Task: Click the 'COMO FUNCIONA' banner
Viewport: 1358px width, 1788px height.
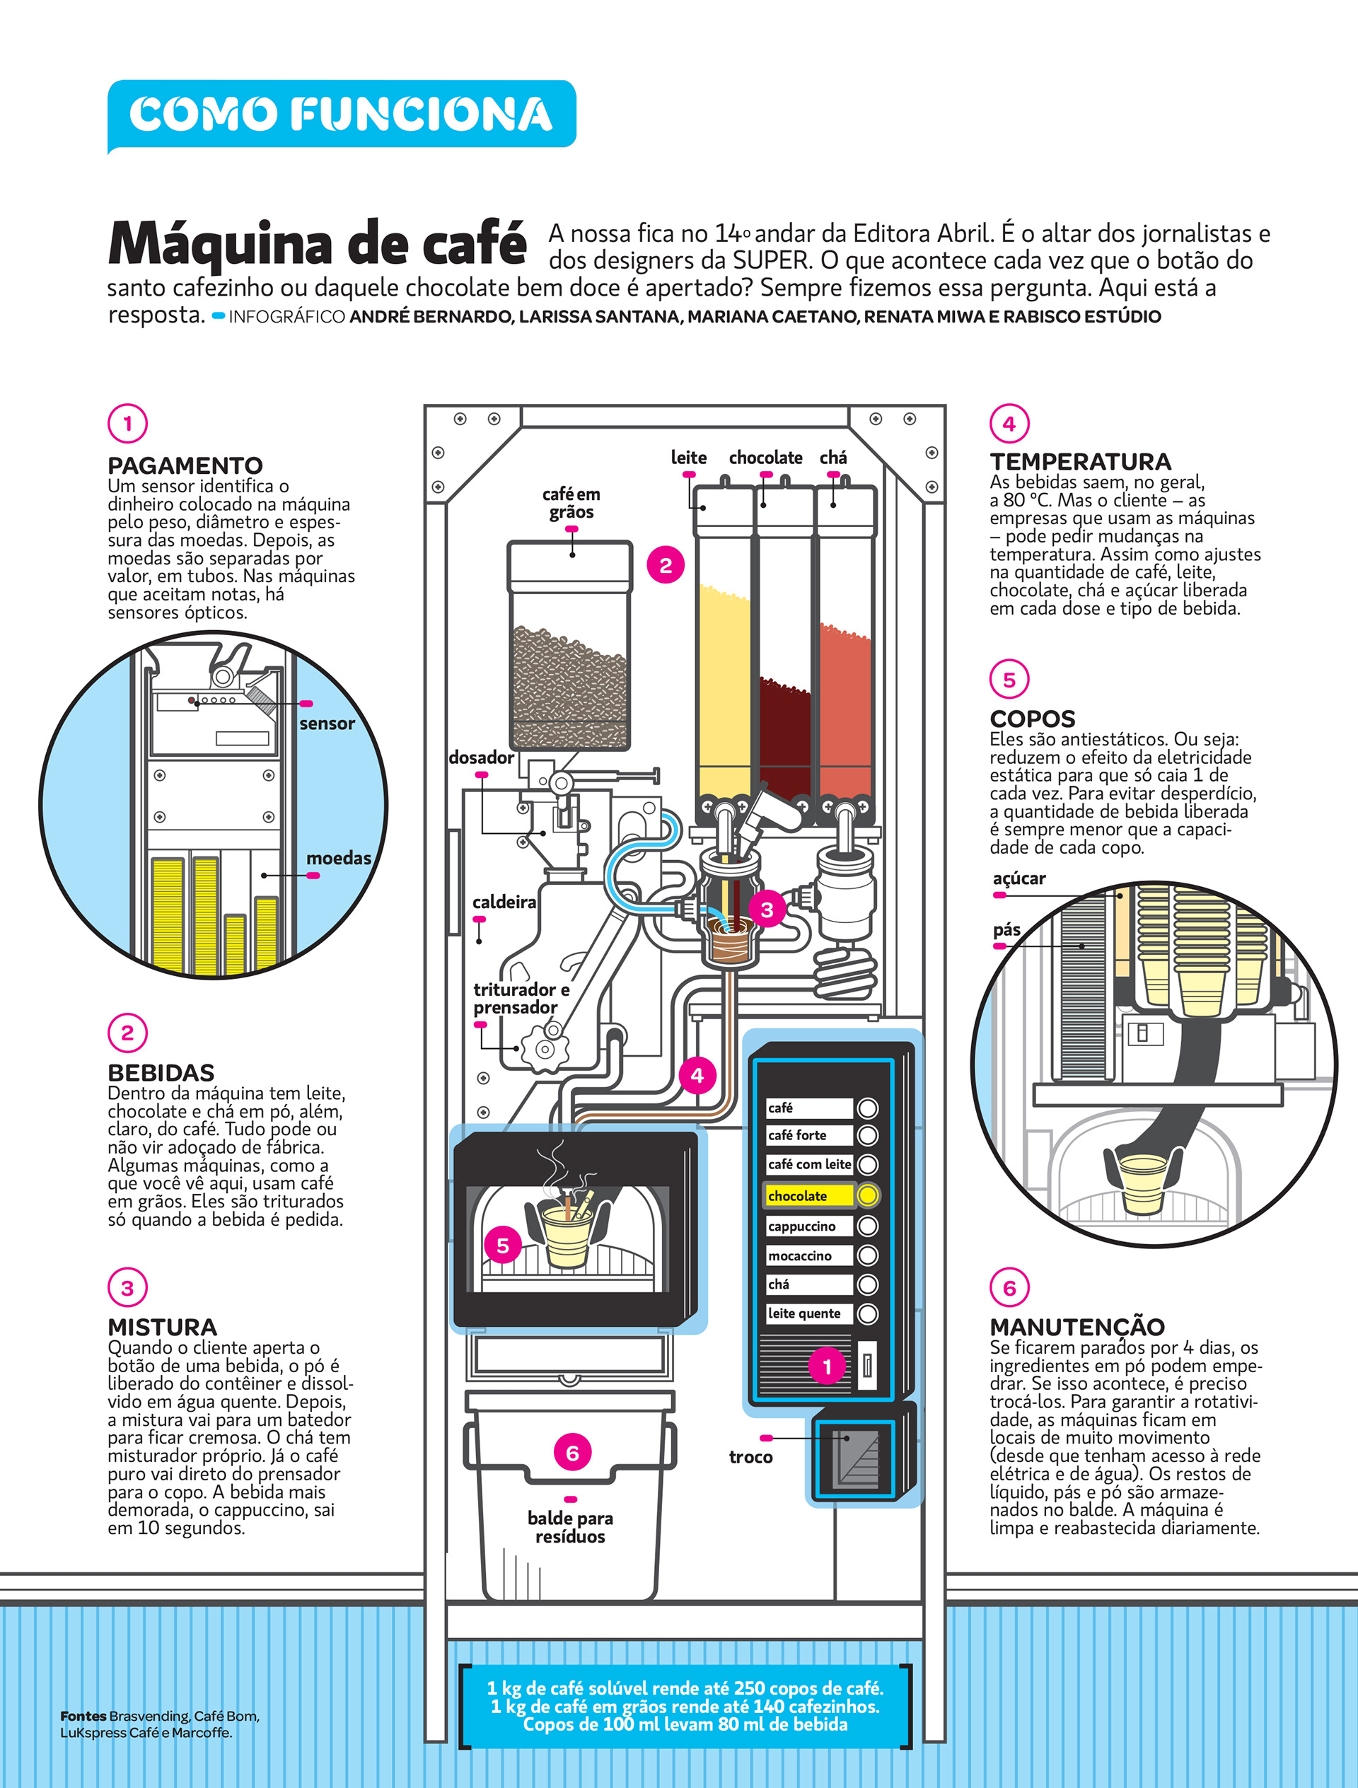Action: [x=341, y=113]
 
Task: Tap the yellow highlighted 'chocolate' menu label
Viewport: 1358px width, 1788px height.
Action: [x=808, y=1195]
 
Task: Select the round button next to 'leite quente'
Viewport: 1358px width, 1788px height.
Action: [x=867, y=1313]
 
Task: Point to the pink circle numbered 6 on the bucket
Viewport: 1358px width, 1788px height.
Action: [x=572, y=1453]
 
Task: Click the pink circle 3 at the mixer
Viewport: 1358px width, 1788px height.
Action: [x=766, y=910]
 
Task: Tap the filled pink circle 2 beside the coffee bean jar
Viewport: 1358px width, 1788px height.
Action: [x=666, y=565]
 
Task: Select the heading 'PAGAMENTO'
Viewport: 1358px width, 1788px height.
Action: [x=185, y=465]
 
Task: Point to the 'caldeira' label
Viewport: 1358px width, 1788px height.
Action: [x=504, y=902]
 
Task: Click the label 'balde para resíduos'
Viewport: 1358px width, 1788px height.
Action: [x=570, y=1527]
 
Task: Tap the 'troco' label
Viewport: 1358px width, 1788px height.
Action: [x=750, y=1456]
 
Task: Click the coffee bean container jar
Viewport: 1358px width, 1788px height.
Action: [x=570, y=646]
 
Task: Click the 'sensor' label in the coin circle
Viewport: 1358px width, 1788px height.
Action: [x=327, y=724]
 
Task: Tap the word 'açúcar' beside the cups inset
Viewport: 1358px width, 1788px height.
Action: [x=1018, y=878]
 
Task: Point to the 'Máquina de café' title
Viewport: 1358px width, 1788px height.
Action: [x=318, y=243]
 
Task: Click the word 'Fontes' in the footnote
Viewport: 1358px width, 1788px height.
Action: [x=83, y=1715]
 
